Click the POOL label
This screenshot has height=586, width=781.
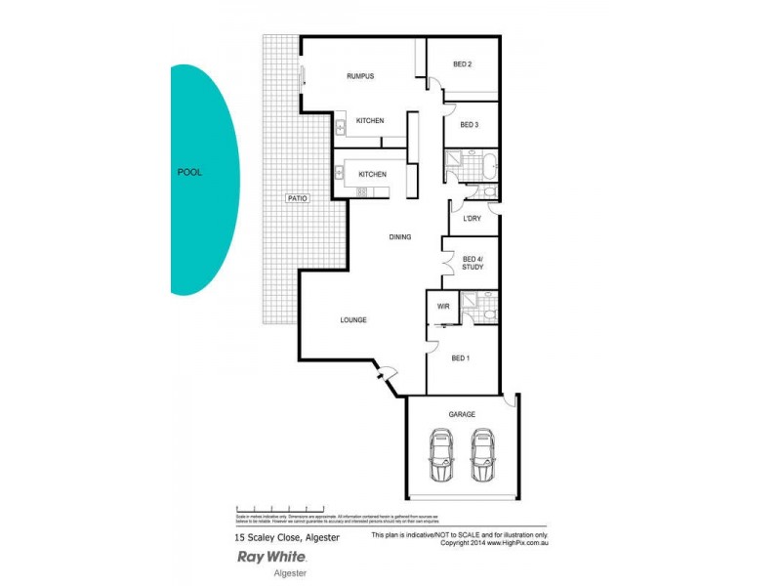[189, 172]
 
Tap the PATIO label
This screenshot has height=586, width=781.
[298, 198]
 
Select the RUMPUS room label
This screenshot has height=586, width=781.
[360, 76]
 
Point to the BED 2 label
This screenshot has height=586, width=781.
[463, 64]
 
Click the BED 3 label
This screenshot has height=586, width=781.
[469, 125]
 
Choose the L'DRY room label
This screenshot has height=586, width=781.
[472, 218]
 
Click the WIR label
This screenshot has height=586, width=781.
[443, 307]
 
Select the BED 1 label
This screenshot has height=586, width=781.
[461, 358]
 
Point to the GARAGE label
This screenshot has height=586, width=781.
[462, 414]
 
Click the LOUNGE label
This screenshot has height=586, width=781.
[353, 320]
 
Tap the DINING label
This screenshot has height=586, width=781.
[399, 236]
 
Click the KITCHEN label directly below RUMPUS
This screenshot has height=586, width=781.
[370, 120]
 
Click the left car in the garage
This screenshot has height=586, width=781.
[442, 457]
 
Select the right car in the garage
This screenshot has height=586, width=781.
[482, 457]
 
